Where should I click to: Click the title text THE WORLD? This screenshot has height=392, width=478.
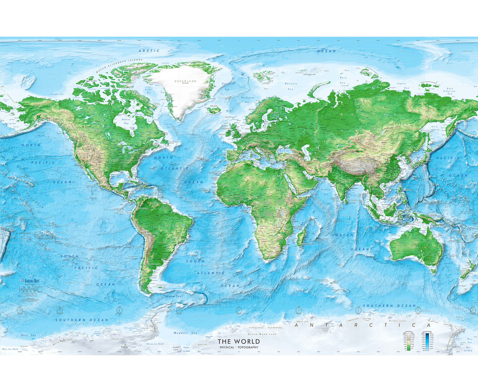(x=239, y=341)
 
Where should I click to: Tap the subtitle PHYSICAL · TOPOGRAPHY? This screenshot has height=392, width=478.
(x=239, y=347)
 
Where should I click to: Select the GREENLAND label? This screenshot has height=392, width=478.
(x=185, y=81)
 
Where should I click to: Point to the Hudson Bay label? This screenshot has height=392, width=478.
(x=126, y=121)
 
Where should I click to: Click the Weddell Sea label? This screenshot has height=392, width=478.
(x=185, y=333)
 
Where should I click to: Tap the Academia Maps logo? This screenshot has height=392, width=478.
(x=31, y=281)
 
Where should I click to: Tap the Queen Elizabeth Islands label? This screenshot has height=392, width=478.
(x=119, y=66)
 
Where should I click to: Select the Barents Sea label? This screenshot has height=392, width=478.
(x=291, y=86)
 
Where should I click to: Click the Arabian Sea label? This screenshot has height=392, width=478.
(x=326, y=192)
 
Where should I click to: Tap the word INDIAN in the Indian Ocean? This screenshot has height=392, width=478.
(x=343, y=235)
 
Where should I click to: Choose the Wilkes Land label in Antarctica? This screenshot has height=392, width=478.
(x=397, y=321)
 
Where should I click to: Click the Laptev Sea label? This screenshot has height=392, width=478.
(x=402, y=85)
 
